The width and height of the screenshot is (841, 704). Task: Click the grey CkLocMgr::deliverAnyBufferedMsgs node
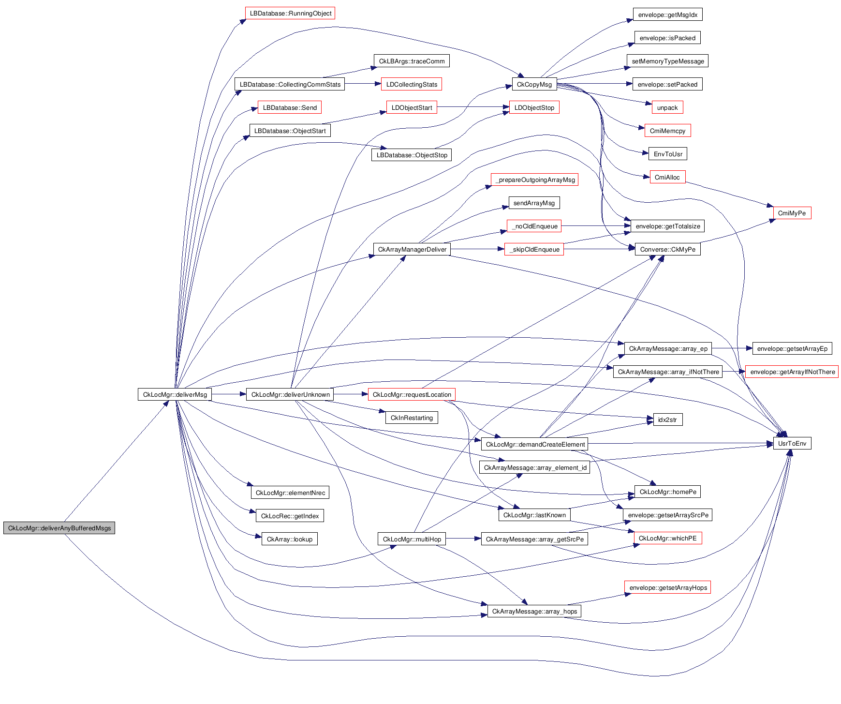59,528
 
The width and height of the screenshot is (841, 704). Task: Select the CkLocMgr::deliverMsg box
175,394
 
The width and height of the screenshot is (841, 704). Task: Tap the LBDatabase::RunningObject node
290,13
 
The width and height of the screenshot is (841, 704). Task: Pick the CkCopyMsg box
534,84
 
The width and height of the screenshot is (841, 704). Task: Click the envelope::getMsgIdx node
667,15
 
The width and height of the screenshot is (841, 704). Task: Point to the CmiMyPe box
792,213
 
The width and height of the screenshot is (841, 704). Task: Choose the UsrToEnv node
792,443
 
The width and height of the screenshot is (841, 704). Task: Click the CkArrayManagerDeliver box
412,249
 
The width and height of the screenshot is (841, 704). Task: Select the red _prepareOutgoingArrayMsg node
534,180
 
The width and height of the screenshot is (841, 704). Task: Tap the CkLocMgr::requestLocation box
412,394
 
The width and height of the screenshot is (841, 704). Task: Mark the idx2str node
667,419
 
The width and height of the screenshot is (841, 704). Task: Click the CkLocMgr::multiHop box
412,539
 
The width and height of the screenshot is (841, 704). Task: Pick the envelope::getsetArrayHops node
667,587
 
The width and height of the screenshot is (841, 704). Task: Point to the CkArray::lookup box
290,539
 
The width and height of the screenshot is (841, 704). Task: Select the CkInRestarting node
412,418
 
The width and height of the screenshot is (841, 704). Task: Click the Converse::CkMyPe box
667,249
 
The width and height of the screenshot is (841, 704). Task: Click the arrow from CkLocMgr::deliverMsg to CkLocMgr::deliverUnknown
228,394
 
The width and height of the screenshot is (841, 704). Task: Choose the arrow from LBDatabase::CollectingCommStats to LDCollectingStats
363,84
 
